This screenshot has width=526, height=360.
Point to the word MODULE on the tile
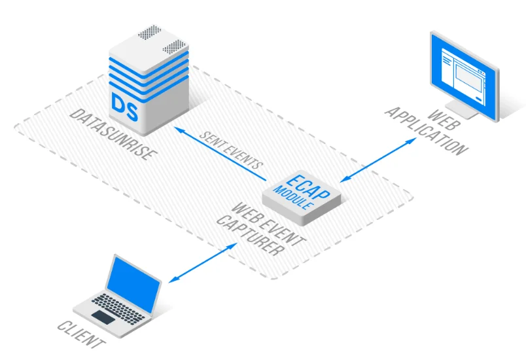point(296,195)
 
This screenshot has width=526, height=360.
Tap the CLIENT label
point(81,334)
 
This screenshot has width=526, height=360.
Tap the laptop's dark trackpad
point(103,317)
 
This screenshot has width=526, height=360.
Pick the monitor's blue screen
point(463,73)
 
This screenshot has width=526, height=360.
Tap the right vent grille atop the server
point(174,47)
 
